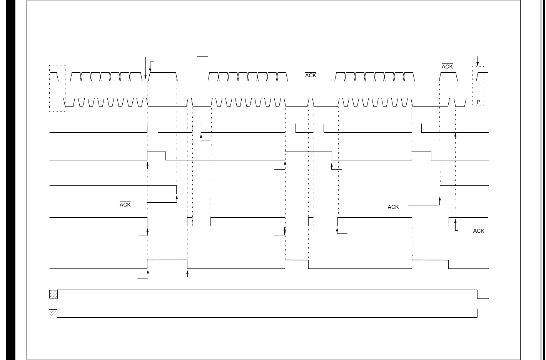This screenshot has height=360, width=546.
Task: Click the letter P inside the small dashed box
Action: point(478,102)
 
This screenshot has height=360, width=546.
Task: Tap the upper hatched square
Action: point(53,294)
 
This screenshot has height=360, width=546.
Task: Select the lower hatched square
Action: point(53,313)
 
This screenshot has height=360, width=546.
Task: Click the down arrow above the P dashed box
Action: point(478,61)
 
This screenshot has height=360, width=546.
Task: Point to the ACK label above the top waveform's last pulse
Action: point(447,67)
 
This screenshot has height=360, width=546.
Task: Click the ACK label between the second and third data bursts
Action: point(311,76)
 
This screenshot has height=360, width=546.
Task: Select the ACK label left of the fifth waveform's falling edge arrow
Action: point(125,205)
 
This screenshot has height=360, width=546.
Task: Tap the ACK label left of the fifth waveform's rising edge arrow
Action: point(393,207)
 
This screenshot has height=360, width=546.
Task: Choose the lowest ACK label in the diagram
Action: point(479,231)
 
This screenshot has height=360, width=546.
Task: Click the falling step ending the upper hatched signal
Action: point(478,294)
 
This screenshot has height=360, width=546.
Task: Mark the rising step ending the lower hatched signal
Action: point(478,313)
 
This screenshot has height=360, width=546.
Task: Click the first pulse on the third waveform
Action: point(153,128)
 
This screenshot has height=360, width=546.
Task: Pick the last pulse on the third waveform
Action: point(417,128)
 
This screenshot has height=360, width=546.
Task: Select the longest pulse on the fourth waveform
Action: point(308,156)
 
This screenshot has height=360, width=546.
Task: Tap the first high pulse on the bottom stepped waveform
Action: point(167,264)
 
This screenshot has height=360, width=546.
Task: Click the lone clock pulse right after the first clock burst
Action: point(190,102)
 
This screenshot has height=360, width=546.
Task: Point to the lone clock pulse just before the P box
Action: point(452,102)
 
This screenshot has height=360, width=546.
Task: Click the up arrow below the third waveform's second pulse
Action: point(201,137)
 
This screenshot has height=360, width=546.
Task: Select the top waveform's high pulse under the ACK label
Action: point(448,77)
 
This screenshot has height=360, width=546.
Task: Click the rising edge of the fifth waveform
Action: point(440,190)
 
